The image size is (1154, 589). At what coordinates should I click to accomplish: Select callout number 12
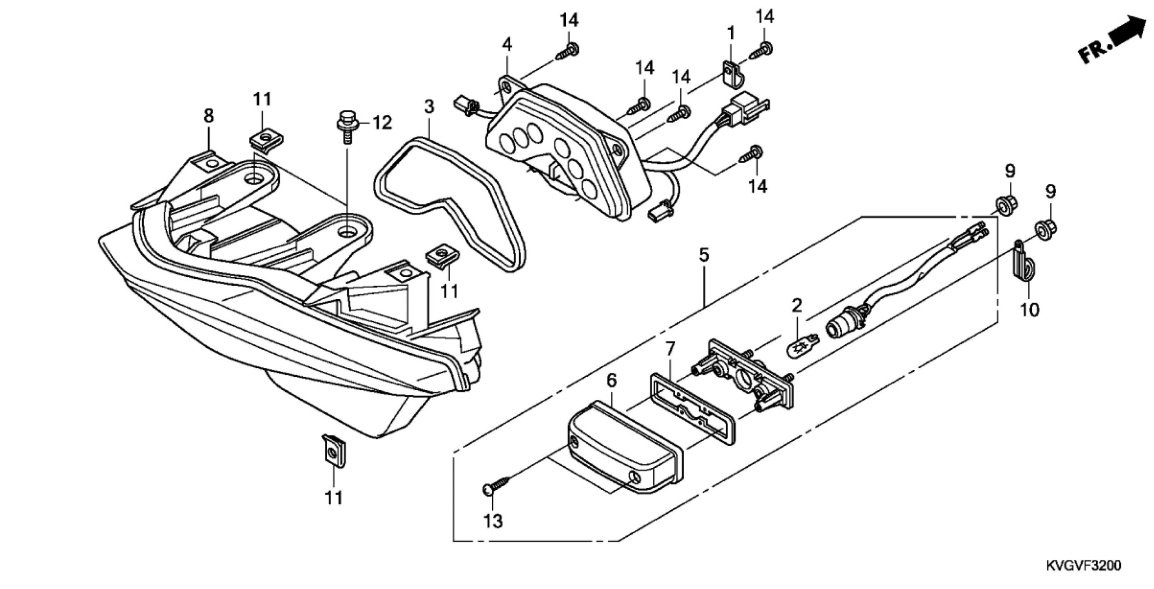tap(381, 123)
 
